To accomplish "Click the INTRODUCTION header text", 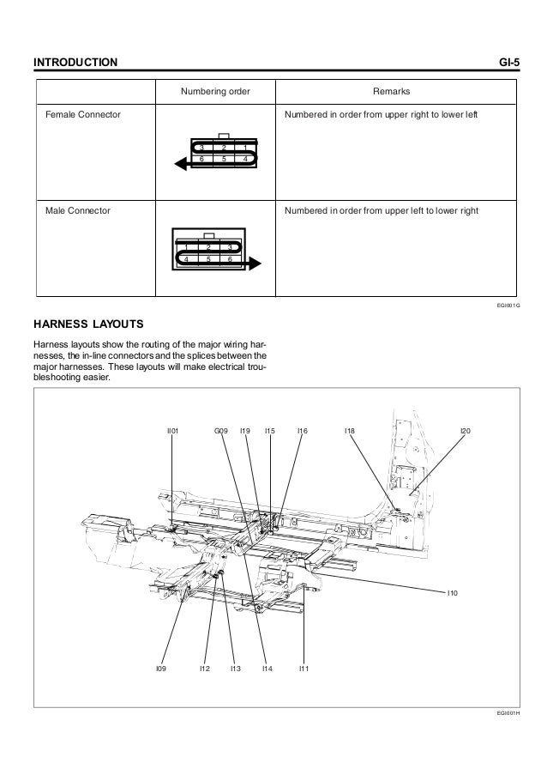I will pyautogui.click(x=75, y=64).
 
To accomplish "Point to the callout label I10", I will pyautogui.click(x=454, y=592).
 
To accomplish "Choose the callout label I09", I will pyautogui.click(x=160, y=668).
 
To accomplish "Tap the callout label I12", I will pyautogui.click(x=204, y=668).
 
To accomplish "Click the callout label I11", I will pyautogui.click(x=304, y=668).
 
